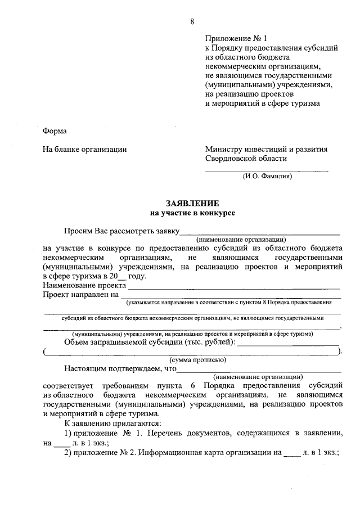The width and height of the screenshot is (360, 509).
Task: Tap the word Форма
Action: pos(55,131)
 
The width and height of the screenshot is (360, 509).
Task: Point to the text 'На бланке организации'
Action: pos(84,150)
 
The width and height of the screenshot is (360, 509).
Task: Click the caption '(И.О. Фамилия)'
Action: pos(267,176)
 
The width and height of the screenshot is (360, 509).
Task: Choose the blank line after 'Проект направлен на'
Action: pos(231,295)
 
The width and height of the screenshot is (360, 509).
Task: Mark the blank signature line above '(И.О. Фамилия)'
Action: pos(267,169)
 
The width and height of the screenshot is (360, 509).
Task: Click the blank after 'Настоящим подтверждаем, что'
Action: pos(259,370)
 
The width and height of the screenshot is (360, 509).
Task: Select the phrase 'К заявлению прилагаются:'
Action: pos(112,424)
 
